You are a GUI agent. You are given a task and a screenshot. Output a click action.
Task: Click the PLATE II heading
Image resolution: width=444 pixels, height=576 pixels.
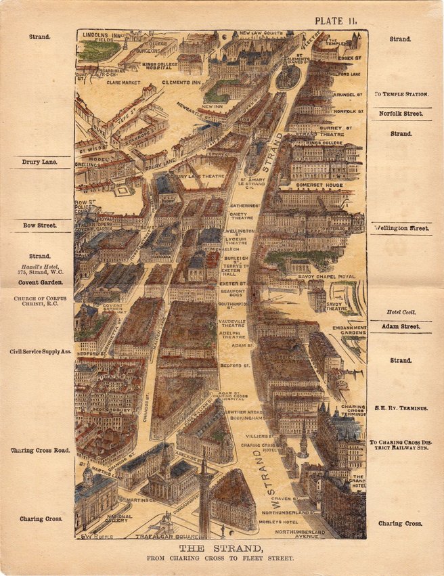click(340, 21)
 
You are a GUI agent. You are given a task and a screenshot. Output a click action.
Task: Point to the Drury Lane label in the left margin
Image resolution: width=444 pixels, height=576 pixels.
click(39, 162)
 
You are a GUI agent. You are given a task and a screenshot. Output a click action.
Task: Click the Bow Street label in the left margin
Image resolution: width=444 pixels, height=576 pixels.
click(39, 225)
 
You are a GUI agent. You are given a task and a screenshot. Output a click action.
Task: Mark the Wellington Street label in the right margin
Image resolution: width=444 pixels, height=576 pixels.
click(401, 229)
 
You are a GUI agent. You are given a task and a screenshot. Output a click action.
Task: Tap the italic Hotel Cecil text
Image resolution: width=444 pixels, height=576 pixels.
click(400, 313)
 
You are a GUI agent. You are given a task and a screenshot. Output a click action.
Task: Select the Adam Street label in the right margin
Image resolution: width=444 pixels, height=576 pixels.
click(400, 326)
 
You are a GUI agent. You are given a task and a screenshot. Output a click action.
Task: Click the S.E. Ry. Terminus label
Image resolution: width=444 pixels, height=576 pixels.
click(401, 409)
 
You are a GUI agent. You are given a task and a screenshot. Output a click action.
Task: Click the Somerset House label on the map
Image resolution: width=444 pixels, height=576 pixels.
click(319, 185)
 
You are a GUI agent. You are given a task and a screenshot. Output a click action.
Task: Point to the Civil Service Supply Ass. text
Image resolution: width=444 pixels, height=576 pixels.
click(39, 352)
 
